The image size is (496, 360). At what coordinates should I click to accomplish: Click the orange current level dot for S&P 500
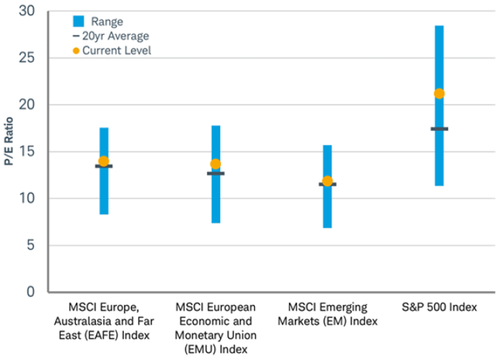[439, 94]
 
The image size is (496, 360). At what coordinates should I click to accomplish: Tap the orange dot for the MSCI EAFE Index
[103, 162]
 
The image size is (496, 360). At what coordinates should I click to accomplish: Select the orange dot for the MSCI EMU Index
[215, 164]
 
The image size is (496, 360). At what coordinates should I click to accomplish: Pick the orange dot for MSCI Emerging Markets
[327, 181]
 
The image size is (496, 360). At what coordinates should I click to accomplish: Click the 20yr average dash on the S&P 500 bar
[439, 129]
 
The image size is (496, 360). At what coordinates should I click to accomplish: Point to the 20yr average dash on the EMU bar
[215, 174]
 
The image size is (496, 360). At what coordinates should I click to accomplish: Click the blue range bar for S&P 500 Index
[439, 57]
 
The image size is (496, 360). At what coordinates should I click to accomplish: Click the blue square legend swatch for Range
[78, 21]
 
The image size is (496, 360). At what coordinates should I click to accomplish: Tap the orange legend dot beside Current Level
[76, 50]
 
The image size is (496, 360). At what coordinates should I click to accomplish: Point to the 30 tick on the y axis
[26, 11]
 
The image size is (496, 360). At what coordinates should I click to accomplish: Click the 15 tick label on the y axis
[26, 152]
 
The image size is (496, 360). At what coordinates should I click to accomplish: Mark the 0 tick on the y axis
[30, 292]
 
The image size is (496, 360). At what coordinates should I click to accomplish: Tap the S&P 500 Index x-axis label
[439, 308]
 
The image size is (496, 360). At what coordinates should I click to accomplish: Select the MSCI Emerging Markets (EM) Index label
[327, 314]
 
